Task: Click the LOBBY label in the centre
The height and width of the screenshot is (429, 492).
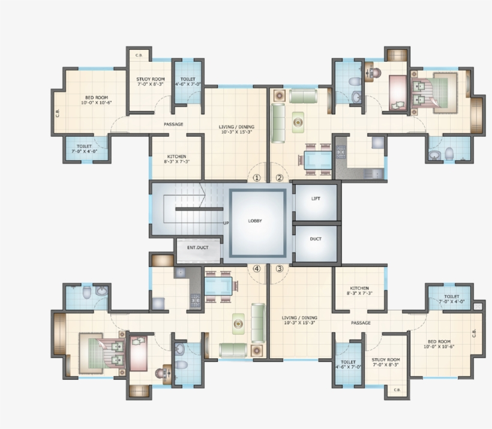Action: [255, 221]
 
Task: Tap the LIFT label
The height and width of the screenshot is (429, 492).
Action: [316, 198]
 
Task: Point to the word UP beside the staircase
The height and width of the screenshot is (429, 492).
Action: [226, 223]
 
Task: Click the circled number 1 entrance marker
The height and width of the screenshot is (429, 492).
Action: [257, 178]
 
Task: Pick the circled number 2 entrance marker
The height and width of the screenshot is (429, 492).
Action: [279, 178]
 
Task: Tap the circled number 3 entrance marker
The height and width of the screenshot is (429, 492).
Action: [279, 269]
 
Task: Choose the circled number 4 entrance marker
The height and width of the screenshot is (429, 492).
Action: [257, 269]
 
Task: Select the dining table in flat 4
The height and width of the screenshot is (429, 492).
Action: [218, 284]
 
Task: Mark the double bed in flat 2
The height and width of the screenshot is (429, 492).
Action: [433, 92]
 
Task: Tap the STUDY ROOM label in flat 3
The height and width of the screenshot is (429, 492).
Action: [386, 362]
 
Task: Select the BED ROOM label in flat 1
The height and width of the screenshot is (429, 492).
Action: [97, 100]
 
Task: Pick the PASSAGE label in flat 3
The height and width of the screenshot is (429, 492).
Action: [361, 323]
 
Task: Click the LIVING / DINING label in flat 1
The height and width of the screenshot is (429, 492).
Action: [236, 129]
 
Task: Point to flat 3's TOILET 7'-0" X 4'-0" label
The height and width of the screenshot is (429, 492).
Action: [451, 299]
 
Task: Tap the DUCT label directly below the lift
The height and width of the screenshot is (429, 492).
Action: [316, 239]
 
